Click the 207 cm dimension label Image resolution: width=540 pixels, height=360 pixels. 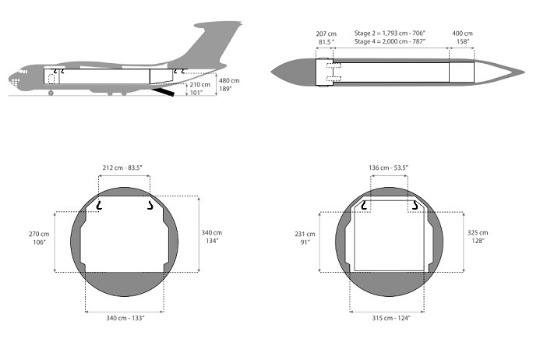point(326,34)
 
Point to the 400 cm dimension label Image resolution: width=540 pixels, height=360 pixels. point(462,34)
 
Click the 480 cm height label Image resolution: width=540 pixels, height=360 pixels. point(229,80)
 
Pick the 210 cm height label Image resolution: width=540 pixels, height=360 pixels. point(199,84)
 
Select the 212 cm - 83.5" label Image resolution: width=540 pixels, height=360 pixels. point(122,168)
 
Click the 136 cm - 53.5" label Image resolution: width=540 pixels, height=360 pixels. point(389,168)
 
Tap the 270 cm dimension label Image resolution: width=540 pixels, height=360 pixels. point(39,234)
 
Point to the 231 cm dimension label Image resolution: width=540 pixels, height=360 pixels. point(305,234)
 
